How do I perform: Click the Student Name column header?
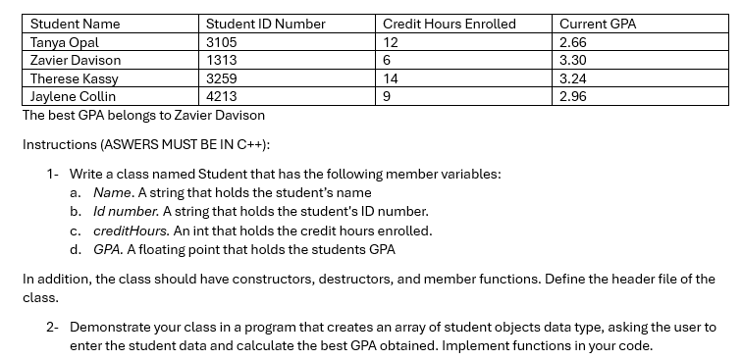tap(76, 24)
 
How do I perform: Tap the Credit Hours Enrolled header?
tap(449, 24)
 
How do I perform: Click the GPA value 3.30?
tap(572, 60)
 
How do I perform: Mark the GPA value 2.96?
tap(572, 96)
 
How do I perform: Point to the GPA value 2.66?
tap(572, 42)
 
